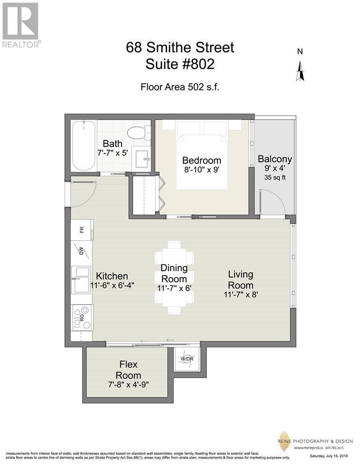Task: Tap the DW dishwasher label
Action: coord(81,251)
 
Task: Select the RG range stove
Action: coord(81,318)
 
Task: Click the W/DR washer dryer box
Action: coord(187,359)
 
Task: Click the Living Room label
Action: coord(240,280)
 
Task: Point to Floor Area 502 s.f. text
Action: coord(180,87)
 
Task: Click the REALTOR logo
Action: coord(21,24)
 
